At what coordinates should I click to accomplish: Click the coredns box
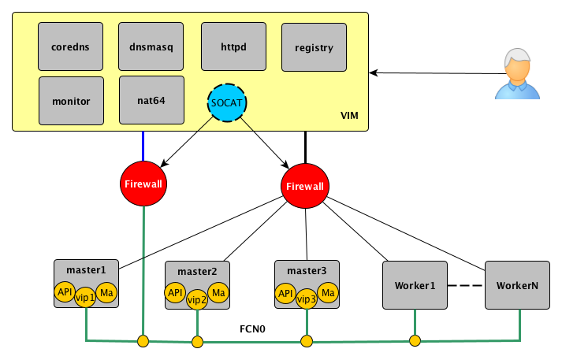pyautogui.click(x=70, y=46)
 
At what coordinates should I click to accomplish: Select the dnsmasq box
pyautogui.click(x=151, y=46)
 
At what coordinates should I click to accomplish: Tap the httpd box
pyautogui.click(x=233, y=46)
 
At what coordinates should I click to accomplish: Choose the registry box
pyautogui.click(x=314, y=47)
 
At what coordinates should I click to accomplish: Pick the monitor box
pyautogui.click(x=70, y=101)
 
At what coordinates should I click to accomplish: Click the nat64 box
pyautogui.click(x=151, y=100)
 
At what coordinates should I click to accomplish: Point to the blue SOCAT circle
pyautogui.click(x=227, y=102)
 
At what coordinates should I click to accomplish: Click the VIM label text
pyautogui.click(x=349, y=117)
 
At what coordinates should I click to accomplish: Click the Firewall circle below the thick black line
pyautogui.click(x=305, y=186)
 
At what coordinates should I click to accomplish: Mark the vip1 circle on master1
pyautogui.click(x=85, y=299)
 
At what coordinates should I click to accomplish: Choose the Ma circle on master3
pyautogui.click(x=329, y=293)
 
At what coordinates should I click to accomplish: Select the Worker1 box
pyautogui.click(x=415, y=284)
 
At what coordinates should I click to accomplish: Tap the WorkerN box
pyautogui.click(x=517, y=284)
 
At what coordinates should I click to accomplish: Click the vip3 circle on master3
pyautogui.click(x=306, y=299)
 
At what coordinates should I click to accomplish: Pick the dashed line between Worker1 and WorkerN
pyautogui.click(x=466, y=284)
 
